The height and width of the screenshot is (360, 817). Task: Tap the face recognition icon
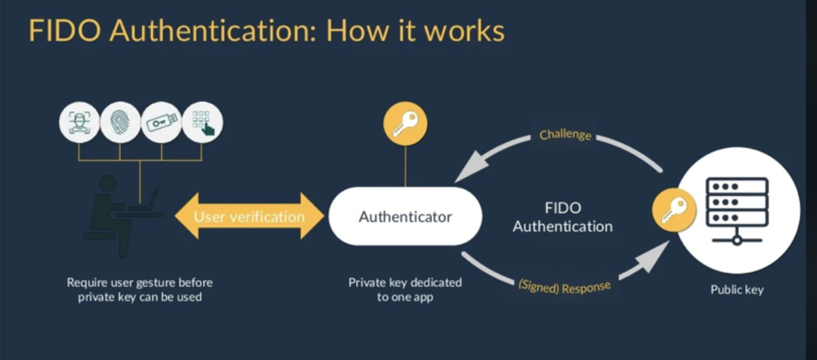(x=79, y=122)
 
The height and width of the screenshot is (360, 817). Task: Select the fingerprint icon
(x=120, y=122)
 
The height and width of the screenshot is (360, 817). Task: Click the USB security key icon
(x=161, y=122)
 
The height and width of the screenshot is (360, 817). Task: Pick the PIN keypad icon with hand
(x=202, y=122)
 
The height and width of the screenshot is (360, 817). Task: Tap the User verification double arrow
(x=249, y=216)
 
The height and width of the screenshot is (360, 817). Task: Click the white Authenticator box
(x=405, y=216)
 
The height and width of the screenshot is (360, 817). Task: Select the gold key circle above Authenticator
(x=405, y=123)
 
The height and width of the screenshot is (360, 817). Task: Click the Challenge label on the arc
(x=565, y=134)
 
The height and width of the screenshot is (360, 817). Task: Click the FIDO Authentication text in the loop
(x=562, y=217)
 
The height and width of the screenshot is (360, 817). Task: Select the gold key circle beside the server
(x=674, y=210)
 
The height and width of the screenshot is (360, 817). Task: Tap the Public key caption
(x=737, y=290)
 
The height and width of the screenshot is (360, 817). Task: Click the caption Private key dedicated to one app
(x=405, y=290)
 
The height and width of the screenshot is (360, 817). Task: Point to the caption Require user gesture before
(x=140, y=283)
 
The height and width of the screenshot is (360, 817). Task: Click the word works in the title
(x=464, y=31)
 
